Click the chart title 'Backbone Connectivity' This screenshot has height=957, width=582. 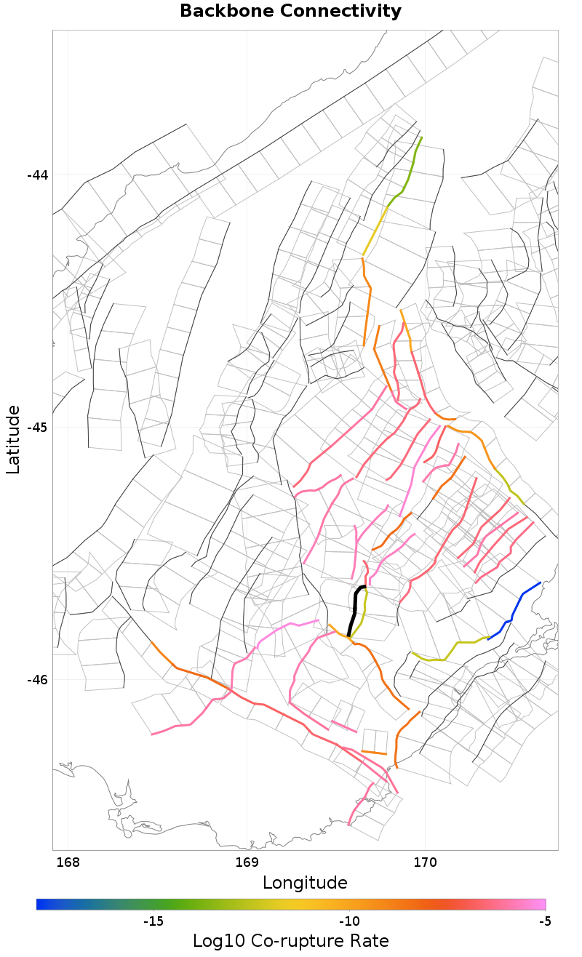(290, 12)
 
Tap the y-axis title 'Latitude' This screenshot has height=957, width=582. (14, 440)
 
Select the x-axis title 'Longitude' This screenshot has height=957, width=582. (305, 883)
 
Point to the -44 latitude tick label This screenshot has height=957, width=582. (38, 175)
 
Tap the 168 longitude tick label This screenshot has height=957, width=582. (68, 863)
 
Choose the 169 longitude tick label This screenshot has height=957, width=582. (247, 863)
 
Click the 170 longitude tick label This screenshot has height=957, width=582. (425, 863)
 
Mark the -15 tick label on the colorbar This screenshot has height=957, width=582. (153, 922)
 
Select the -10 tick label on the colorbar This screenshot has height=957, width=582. (349, 922)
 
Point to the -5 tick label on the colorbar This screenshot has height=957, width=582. (545, 922)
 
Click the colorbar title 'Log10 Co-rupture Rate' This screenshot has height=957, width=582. (290, 941)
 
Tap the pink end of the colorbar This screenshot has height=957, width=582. (541, 904)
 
